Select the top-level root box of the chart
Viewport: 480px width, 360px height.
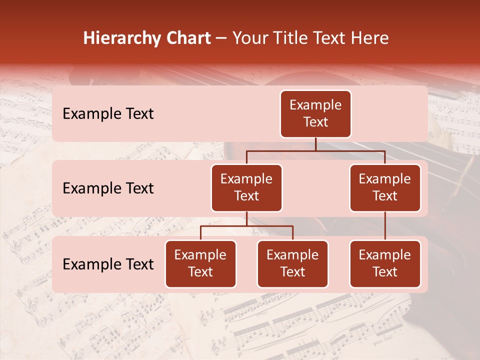tap(315, 113)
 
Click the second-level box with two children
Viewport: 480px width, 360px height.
tap(246, 187)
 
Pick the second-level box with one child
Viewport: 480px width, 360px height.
tap(385, 187)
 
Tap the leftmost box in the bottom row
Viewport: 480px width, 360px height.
tap(200, 263)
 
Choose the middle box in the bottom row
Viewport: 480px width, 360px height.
tap(292, 263)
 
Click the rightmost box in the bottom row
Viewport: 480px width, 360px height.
tap(385, 263)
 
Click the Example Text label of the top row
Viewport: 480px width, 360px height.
tap(108, 113)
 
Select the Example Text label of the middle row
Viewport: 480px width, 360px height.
tap(108, 188)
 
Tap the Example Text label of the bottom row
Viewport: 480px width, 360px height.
tap(108, 264)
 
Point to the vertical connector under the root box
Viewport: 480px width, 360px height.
tap(315, 144)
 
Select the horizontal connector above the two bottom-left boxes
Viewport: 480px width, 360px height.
tap(246, 226)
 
